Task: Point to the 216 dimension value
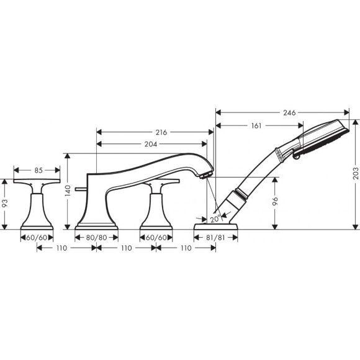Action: tap(162, 132)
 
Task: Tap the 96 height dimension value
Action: tap(275, 202)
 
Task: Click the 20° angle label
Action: tap(214, 218)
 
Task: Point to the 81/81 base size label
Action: tap(217, 236)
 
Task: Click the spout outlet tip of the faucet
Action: tap(203, 176)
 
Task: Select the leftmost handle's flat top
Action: tap(37, 181)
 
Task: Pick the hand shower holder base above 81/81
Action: tap(217, 224)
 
